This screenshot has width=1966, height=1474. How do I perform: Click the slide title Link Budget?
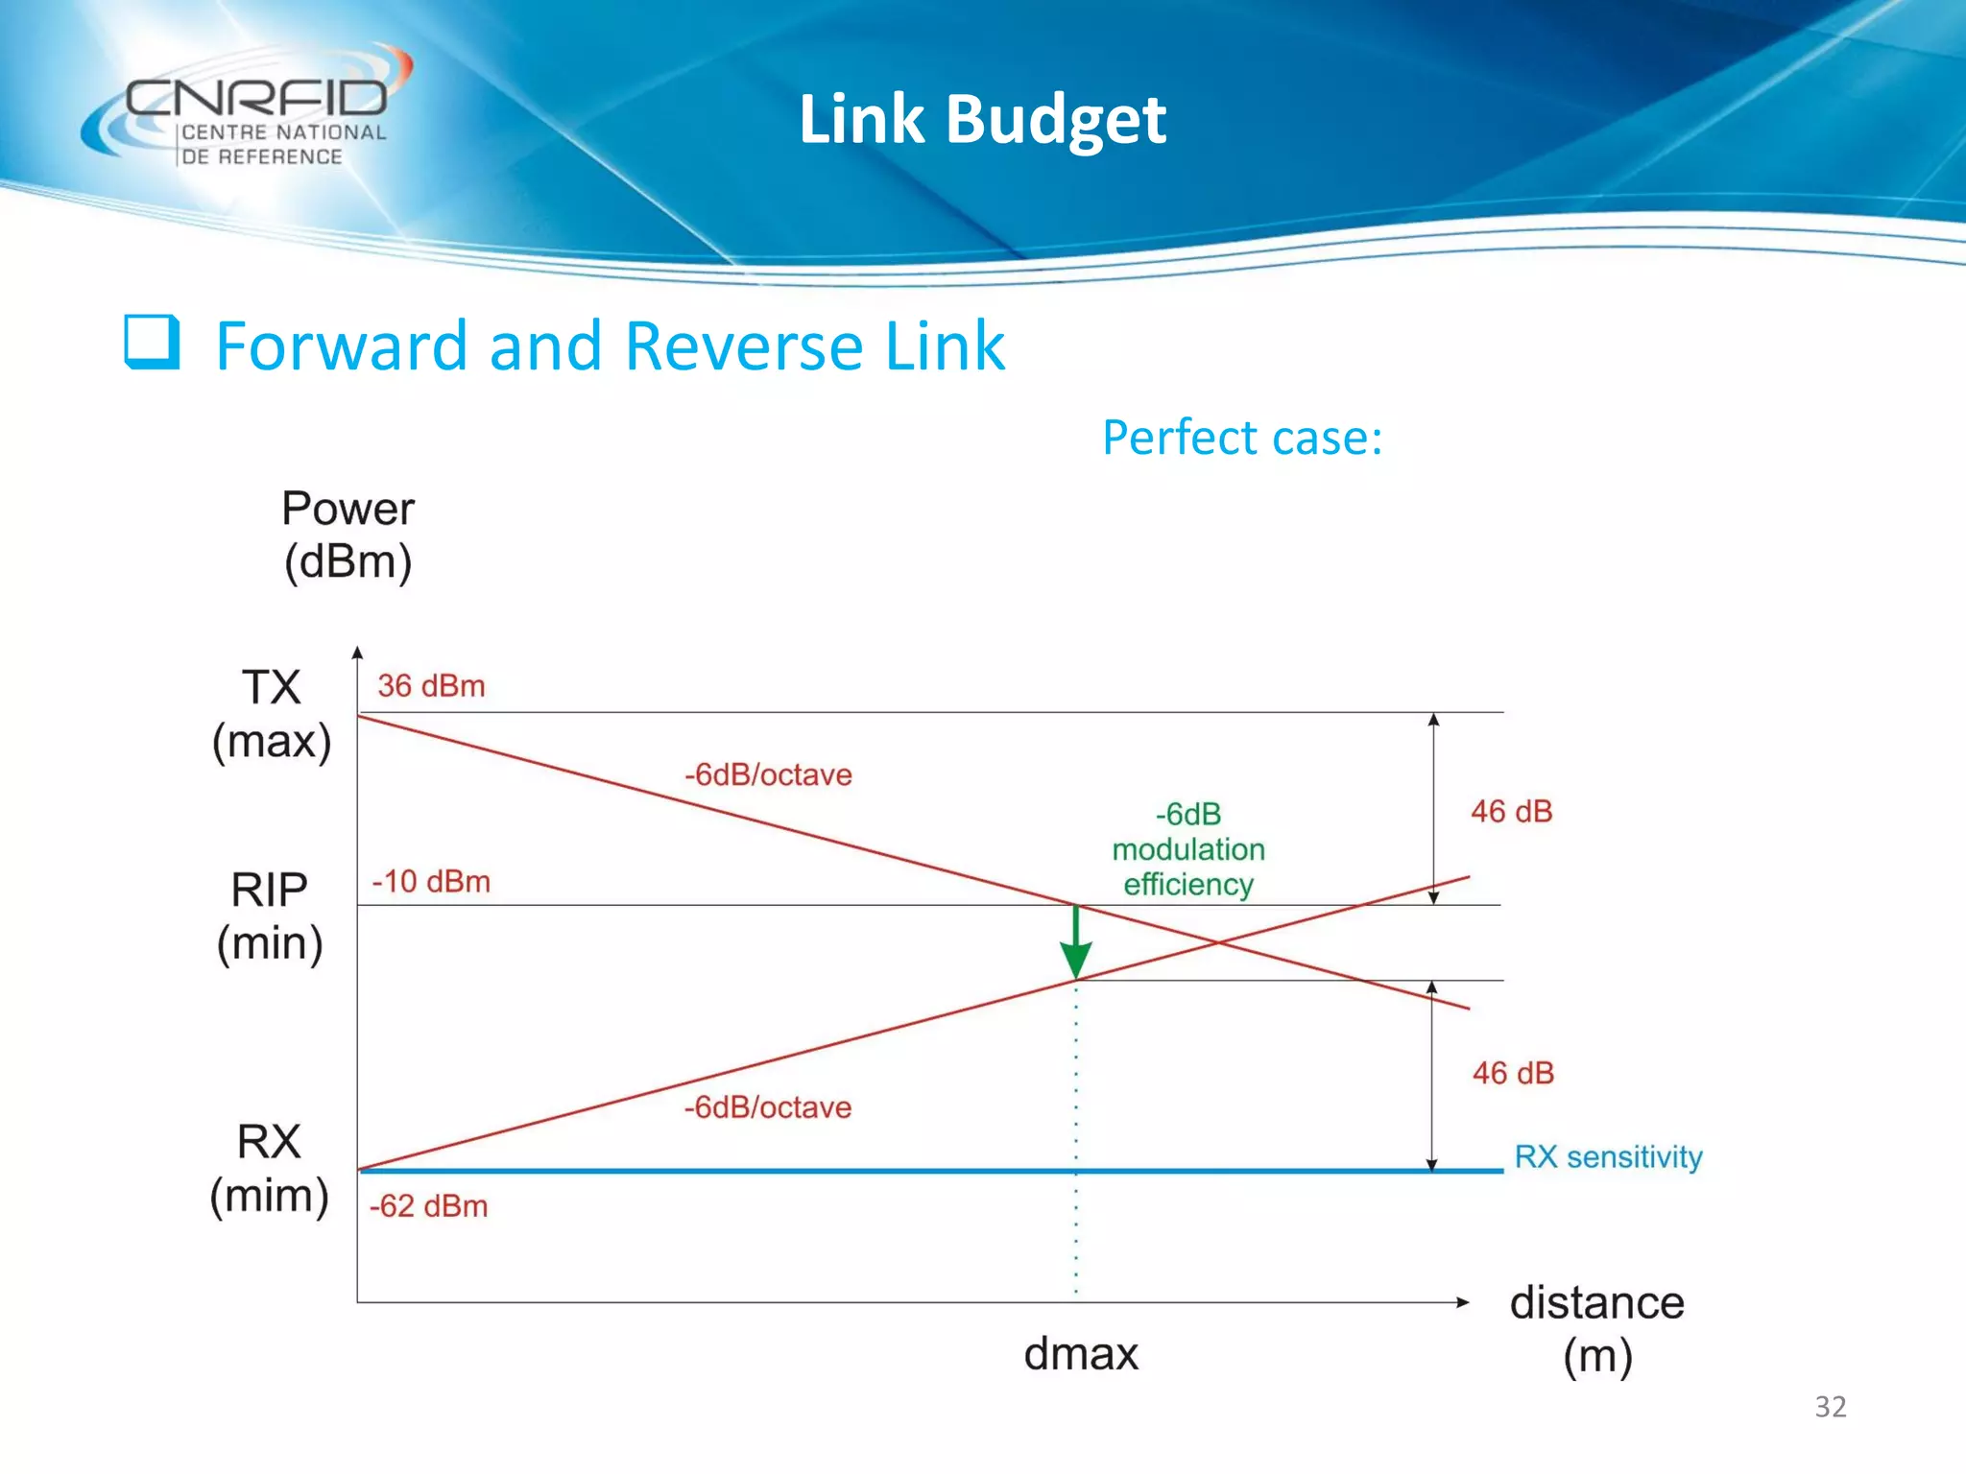tap(982, 120)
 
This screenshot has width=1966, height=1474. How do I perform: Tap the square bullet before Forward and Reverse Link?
tap(152, 343)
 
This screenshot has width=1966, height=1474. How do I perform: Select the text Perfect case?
tap(1241, 439)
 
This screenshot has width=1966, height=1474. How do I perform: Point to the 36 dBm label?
tap(431, 686)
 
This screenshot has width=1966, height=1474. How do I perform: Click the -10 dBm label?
tap(431, 881)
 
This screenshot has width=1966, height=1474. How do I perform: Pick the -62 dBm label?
tap(429, 1205)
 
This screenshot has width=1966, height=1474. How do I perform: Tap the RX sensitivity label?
tap(1608, 1156)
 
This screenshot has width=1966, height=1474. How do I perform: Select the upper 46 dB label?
tap(1511, 812)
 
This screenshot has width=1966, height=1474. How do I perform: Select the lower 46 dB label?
tap(1513, 1073)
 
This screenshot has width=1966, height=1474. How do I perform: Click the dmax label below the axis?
tap(1081, 1354)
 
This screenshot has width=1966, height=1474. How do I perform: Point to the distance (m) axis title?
tap(1596, 1328)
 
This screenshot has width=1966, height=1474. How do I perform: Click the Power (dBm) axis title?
tap(348, 535)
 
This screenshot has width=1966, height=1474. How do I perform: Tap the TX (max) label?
tap(272, 714)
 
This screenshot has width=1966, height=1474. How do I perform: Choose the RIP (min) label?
tap(270, 915)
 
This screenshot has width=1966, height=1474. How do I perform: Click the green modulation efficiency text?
tap(1188, 849)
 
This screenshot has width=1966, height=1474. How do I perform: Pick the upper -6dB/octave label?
tap(768, 774)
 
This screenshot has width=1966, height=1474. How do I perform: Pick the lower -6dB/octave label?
tap(767, 1107)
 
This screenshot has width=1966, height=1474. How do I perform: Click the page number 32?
tap(1830, 1407)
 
